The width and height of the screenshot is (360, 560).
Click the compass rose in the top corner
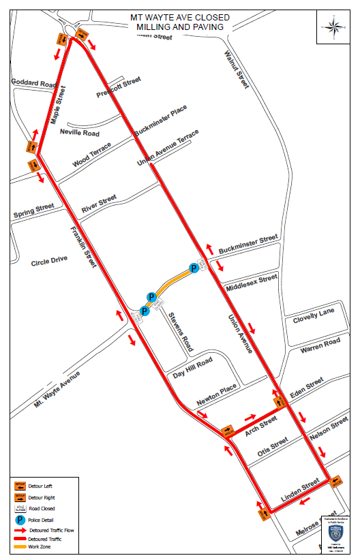click(334, 28)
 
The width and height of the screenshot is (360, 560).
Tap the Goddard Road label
click(33, 82)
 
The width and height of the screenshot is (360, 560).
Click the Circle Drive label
click(49, 260)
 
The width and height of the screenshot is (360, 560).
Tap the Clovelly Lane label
click(314, 313)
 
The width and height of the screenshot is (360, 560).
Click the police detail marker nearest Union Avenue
click(194, 268)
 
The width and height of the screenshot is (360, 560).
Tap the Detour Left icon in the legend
click(20, 486)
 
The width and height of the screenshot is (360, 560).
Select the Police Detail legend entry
click(20, 519)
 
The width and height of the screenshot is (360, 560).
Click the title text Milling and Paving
click(180, 27)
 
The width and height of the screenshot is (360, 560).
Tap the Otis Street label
click(273, 446)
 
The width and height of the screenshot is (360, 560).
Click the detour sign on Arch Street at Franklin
click(228, 431)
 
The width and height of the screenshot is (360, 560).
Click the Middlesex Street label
click(252, 281)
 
